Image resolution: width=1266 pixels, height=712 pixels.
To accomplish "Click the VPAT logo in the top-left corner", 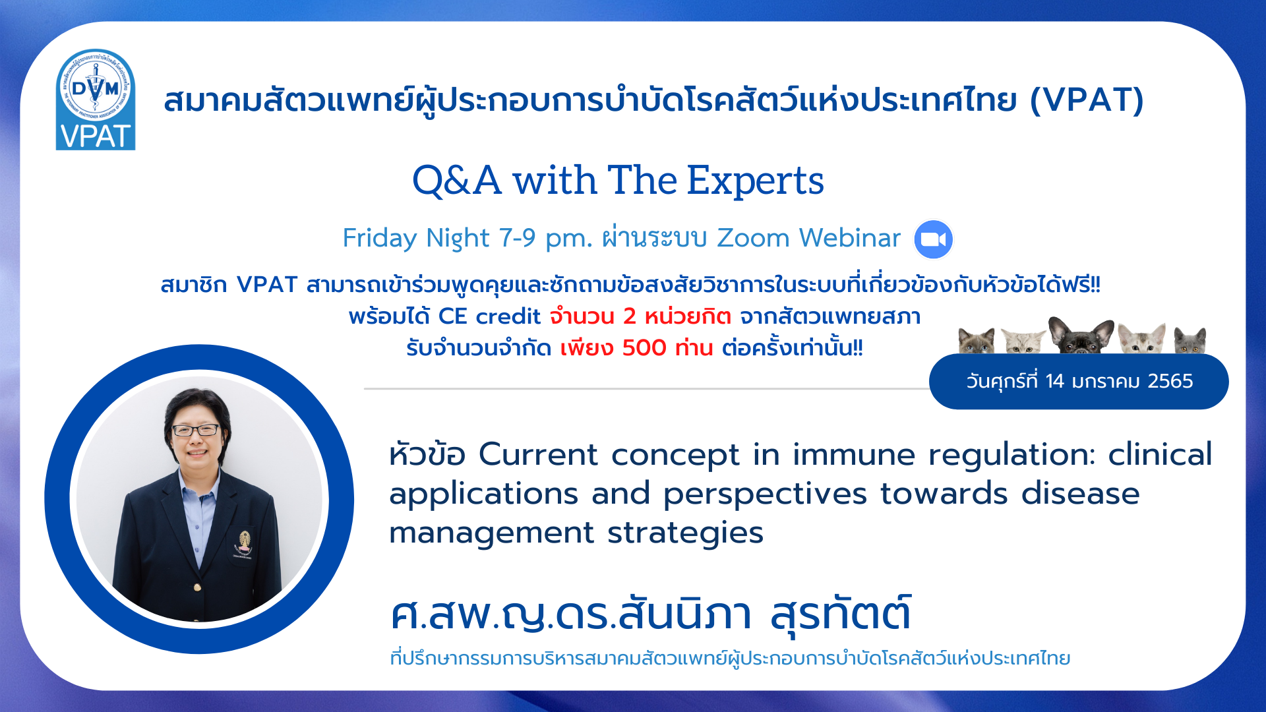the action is pyautogui.click(x=96, y=100).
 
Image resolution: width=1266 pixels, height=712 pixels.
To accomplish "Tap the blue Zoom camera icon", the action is pyautogui.click(x=933, y=239).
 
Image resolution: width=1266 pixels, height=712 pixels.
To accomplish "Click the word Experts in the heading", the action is pyautogui.click(x=755, y=181).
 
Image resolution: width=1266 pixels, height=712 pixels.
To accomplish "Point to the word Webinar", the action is pyautogui.click(x=850, y=238).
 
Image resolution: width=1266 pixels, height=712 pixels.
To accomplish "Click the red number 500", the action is pyautogui.click(x=644, y=347).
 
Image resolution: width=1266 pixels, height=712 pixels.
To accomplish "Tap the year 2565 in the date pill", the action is pyautogui.click(x=1170, y=381).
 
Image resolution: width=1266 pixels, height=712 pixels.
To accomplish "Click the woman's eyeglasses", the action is pyautogui.click(x=196, y=430).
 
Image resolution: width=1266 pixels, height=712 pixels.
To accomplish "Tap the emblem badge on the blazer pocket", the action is pyautogui.click(x=245, y=544).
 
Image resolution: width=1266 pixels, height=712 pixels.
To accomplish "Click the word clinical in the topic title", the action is pyautogui.click(x=1160, y=454).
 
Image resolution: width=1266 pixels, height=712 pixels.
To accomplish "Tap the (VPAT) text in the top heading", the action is pyautogui.click(x=1087, y=100).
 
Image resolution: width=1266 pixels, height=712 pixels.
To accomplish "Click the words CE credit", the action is pyautogui.click(x=489, y=316).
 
